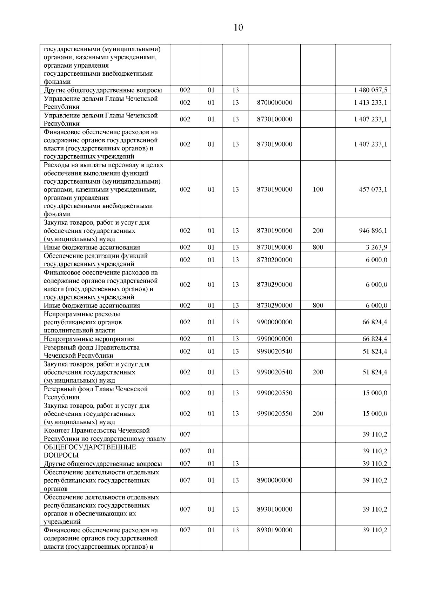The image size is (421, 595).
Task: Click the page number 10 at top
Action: click(238, 28)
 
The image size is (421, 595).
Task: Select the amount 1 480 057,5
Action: click(370, 90)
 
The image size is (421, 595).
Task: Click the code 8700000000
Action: click(274, 103)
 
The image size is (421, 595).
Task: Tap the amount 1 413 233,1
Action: click(370, 103)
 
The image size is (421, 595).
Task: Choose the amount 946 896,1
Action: click(373, 231)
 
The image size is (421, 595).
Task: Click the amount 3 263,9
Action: click(376, 247)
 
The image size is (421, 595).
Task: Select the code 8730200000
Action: click(274, 260)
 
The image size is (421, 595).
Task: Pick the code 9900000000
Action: click(274, 322)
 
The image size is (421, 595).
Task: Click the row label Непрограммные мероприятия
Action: click(89, 339)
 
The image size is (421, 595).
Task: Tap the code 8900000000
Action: click(274, 480)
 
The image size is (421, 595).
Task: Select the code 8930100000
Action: click(274, 509)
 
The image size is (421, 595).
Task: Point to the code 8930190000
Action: click(274, 530)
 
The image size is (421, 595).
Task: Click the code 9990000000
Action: click(274, 339)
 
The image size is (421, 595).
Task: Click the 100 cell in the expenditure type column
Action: click(318, 189)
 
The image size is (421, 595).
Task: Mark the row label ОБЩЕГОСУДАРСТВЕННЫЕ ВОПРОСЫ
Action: click(90, 451)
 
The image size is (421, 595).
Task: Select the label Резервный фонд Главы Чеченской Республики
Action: click(95, 393)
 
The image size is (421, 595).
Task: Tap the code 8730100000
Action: click(274, 119)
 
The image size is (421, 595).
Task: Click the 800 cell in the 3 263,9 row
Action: click(318, 247)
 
